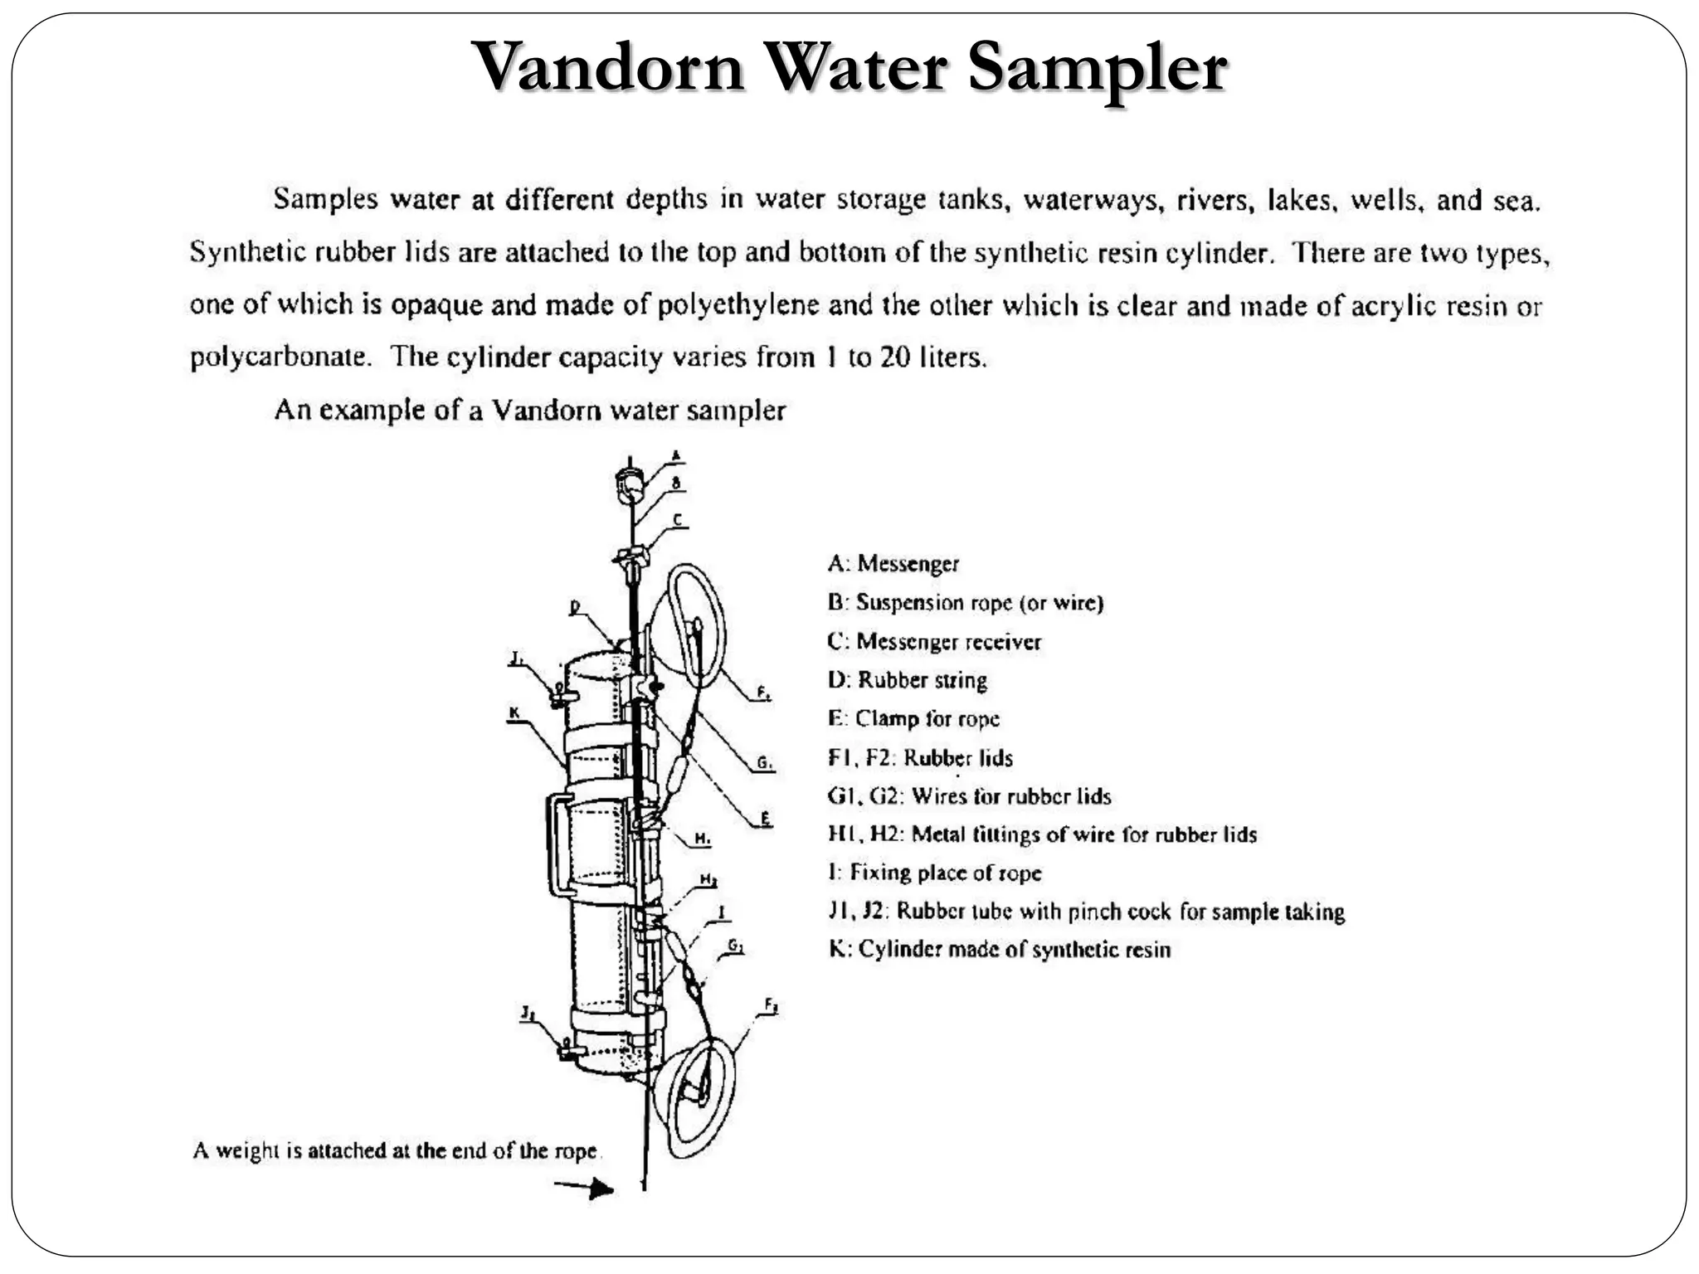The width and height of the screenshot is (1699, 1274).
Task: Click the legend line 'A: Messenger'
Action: tap(893, 564)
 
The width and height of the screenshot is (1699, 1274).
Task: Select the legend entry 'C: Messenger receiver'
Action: tap(933, 642)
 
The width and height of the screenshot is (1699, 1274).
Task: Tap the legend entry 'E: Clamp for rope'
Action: tap(913, 719)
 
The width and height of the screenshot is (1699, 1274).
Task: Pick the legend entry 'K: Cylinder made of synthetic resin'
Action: tap(1000, 950)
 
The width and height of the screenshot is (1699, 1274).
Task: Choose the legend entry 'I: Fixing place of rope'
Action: tap(934, 873)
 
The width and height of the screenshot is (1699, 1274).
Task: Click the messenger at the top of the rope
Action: tap(630, 483)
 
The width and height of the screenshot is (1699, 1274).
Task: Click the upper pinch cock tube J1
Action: tap(559, 695)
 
